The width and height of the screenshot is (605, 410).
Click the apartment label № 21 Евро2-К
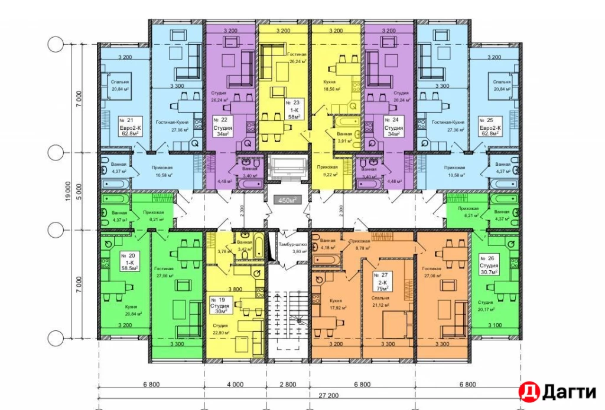126,126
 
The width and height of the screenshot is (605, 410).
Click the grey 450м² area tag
286,201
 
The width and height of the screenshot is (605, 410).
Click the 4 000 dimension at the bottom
234,385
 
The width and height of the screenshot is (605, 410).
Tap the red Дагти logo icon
528,391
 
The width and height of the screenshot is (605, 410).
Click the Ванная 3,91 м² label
345,137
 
